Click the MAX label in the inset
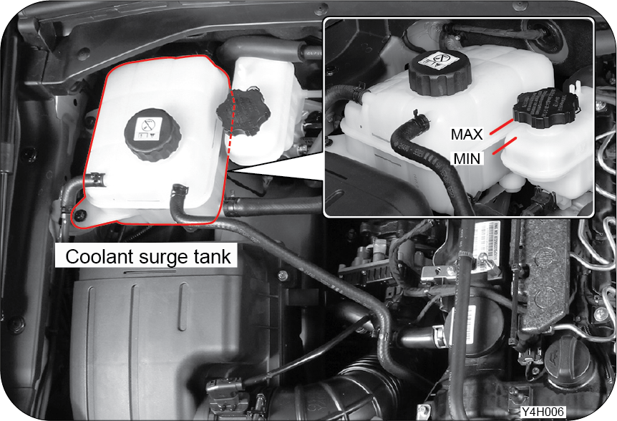click(x=466, y=135)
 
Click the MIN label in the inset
click(x=467, y=159)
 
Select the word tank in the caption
click(x=212, y=257)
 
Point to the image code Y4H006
click(x=543, y=412)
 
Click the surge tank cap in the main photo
click(x=152, y=134)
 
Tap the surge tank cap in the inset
click(x=439, y=72)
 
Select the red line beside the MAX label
click(x=501, y=127)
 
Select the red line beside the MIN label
click(x=505, y=145)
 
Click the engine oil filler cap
click(x=568, y=362)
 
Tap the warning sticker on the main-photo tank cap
click(x=150, y=129)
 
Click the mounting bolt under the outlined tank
click(x=80, y=214)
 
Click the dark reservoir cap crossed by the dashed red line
click(x=243, y=110)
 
